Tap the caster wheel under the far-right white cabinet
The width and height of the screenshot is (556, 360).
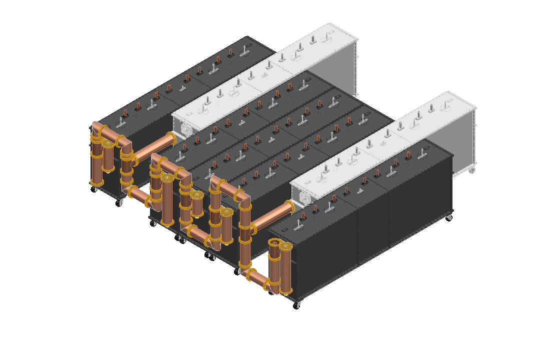tap(471, 170)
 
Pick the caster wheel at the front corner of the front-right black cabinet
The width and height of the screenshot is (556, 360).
tap(297, 305)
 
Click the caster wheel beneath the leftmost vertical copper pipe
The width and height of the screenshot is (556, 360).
tap(94, 189)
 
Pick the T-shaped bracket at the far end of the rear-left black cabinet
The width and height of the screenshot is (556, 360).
tap(244, 50)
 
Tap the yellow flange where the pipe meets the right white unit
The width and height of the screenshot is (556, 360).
tap(289, 207)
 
